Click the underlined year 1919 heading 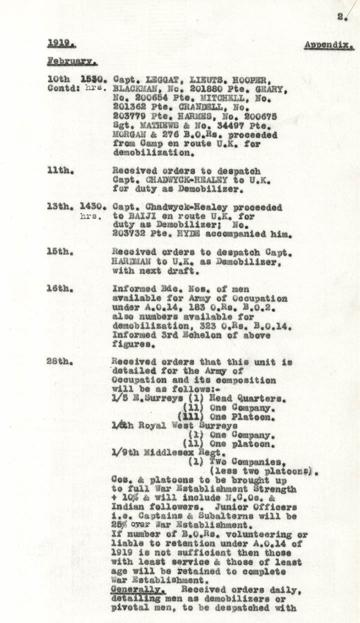[58, 44]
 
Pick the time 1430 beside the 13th [92, 207]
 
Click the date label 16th [61, 289]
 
